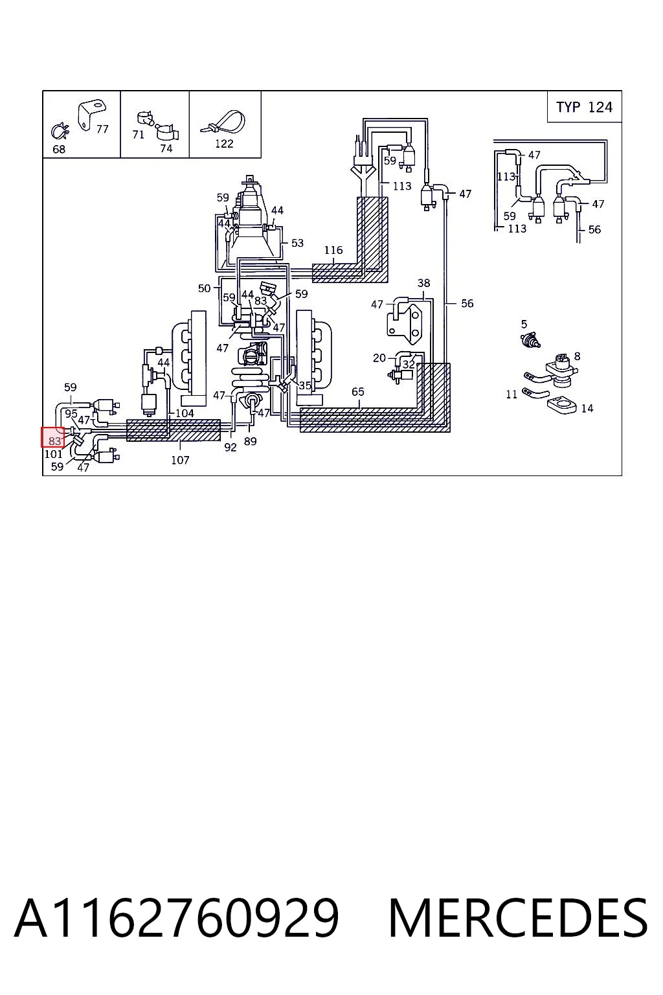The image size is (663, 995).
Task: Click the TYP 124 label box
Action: click(584, 107)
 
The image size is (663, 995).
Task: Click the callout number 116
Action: click(333, 250)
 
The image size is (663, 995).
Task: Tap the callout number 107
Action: click(180, 460)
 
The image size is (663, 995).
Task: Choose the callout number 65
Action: click(358, 391)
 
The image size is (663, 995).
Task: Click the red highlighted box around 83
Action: click(53, 437)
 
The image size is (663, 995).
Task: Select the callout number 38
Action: click(423, 283)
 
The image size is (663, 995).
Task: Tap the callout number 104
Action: click(185, 413)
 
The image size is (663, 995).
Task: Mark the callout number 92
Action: click(230, 448)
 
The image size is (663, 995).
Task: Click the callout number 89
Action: click(251, 441)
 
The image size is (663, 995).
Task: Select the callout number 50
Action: click(204, 288)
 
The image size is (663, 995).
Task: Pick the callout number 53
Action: click(298, 243)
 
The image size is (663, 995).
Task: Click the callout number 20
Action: click(379, 358)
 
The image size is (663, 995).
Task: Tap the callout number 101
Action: click(53, 454)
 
